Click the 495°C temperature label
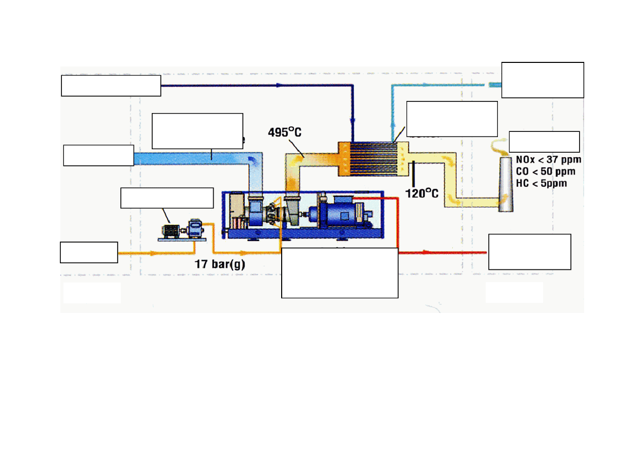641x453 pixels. point(284,132)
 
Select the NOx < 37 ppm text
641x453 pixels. point(548,159)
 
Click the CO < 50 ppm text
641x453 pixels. point(545,171)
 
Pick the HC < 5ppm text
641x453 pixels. point(541,183)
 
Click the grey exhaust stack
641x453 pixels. point(505,184)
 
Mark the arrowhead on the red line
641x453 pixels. point(424,252)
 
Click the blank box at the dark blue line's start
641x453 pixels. point(111,85)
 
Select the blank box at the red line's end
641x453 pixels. point(529,252)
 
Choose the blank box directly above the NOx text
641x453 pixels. point(544,141)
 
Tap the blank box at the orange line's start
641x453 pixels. point(89,252)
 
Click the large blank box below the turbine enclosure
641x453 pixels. point(340,272)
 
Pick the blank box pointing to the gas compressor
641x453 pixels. point(166,198)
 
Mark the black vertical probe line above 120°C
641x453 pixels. point(414,173)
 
